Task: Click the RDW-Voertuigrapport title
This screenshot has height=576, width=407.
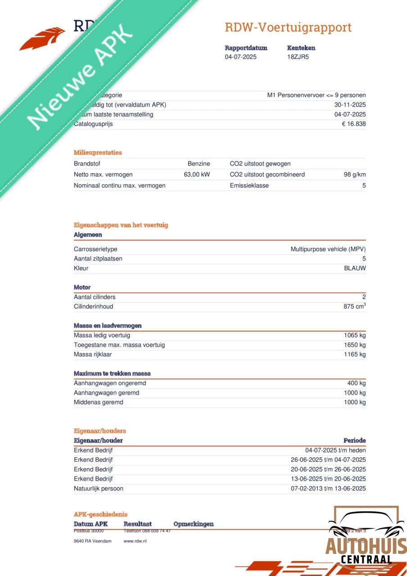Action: pos(288,27)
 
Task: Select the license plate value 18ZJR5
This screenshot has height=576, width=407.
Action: pos(298,57)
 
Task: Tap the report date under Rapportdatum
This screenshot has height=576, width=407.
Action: pos(241,57)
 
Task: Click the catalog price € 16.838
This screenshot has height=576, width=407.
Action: pos(353,124)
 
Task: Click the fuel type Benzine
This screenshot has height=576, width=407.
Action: pos(199,164)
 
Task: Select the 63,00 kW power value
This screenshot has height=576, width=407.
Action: pos(197,175)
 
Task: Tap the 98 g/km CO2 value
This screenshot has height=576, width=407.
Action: pos(354,175)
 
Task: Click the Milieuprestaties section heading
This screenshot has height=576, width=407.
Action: pos(98,153)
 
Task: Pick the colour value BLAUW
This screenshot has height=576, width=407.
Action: pos(355,268)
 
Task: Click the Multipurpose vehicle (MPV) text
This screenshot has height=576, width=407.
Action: pos(328,249)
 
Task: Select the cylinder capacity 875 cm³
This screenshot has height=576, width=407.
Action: pos(354,306)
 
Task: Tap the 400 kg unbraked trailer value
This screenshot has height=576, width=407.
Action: pos(357,383)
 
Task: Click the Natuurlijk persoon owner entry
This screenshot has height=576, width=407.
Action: pos(99,489)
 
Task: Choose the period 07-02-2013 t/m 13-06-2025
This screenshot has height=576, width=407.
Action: pos(328,489)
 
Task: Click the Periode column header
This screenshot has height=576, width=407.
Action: pos(355,441)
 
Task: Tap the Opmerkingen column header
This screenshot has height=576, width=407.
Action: pos(194,524)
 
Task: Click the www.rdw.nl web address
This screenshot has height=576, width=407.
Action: pos(135,541)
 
